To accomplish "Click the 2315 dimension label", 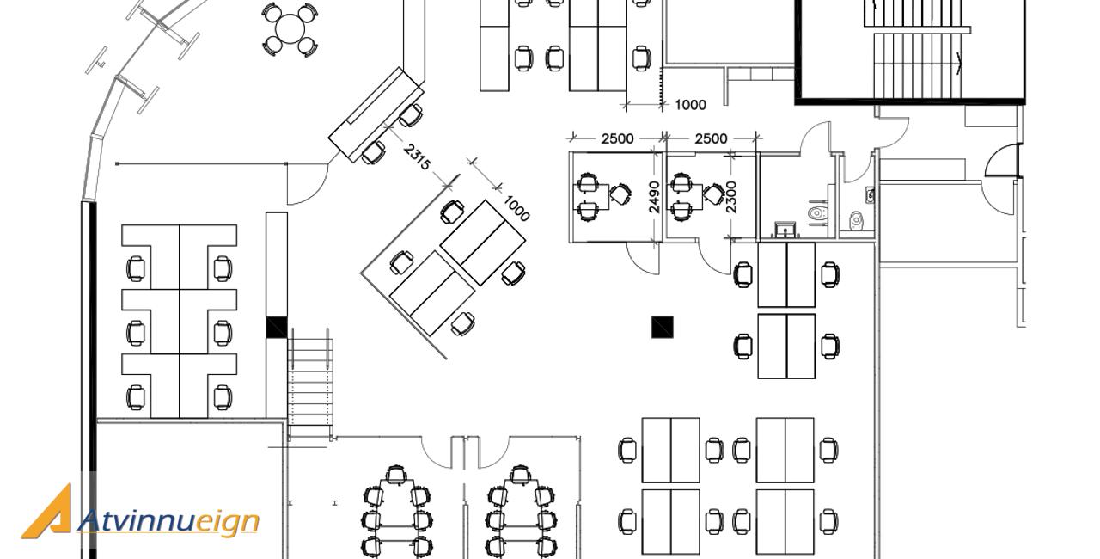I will click(417, 157).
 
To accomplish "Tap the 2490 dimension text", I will click(654, 196).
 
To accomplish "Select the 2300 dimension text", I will click(731, 196).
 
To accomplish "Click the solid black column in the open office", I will click(663, 327).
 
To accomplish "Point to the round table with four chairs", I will click(290, 28).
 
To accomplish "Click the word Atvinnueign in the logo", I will click(168, 521).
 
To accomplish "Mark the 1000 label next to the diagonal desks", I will click(516, 208).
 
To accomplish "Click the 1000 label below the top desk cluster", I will click(690, 105).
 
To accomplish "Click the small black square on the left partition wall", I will click(276, 327).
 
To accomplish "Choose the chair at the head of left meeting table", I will click(395, 475).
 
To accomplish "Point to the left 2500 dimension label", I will click(617, 138).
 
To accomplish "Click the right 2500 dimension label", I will click(711, 138).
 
